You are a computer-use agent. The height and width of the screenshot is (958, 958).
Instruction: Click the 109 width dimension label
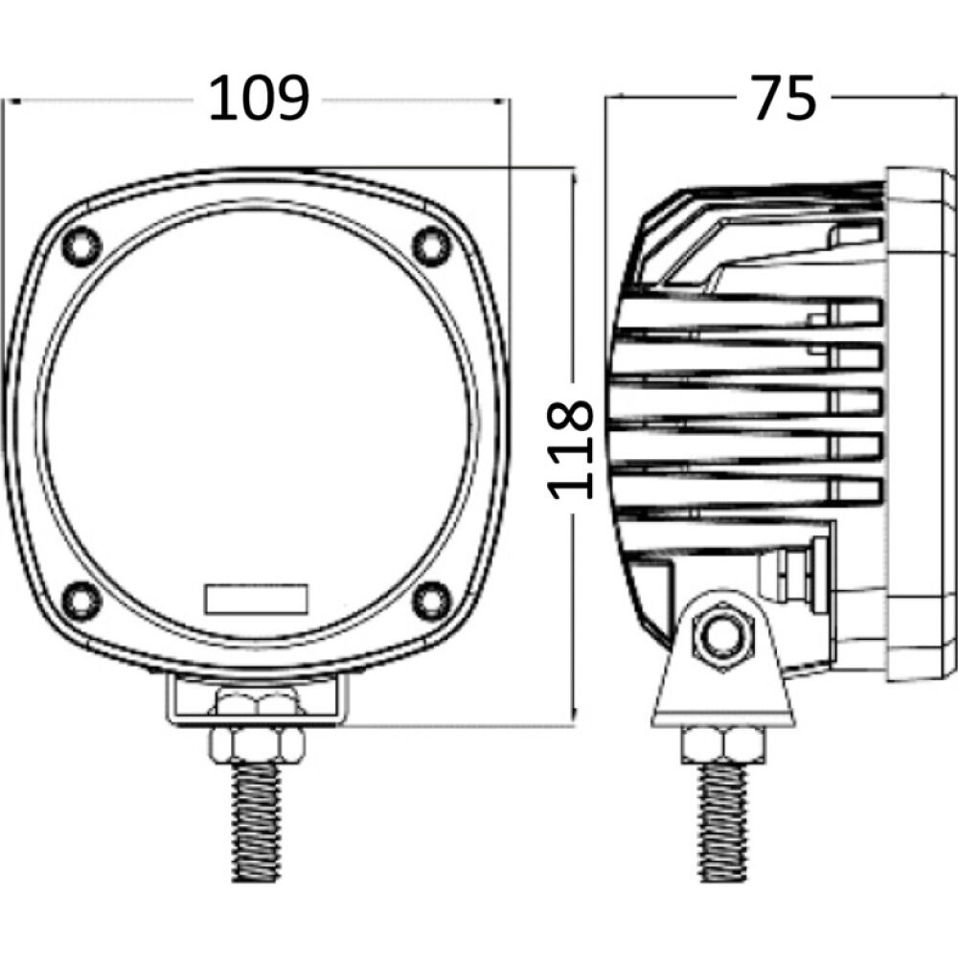259,99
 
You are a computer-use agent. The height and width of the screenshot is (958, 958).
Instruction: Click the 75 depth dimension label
783,99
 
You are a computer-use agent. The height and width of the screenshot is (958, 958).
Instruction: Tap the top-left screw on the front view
81,245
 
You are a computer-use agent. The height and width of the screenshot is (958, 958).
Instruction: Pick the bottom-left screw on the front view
81,599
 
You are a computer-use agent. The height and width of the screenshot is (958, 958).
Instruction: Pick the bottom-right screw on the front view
431,599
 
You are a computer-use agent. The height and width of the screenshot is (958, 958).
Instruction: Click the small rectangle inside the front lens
256,599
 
